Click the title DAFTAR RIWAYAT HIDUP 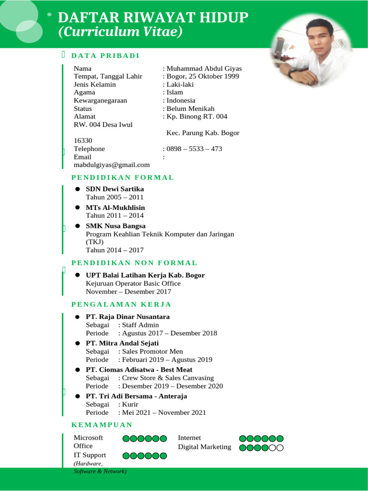click(153, 18)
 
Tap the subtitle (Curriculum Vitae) click(120, 32)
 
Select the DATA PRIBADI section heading click(105, 56)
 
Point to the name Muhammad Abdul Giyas click(204, 68)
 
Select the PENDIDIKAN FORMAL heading click(123, 177)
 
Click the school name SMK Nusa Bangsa click(115, 226)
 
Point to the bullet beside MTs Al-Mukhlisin click(77, 208)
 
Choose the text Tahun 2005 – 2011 click(115, 197)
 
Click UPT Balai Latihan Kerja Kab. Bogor click(145, 275)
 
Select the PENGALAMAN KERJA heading click(121, 304)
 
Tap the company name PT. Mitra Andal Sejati click(122, 343)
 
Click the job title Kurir click(130, 404)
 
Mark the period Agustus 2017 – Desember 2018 click(170, 333)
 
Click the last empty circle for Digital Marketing click(280, 448)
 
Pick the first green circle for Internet click(243, 438)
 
